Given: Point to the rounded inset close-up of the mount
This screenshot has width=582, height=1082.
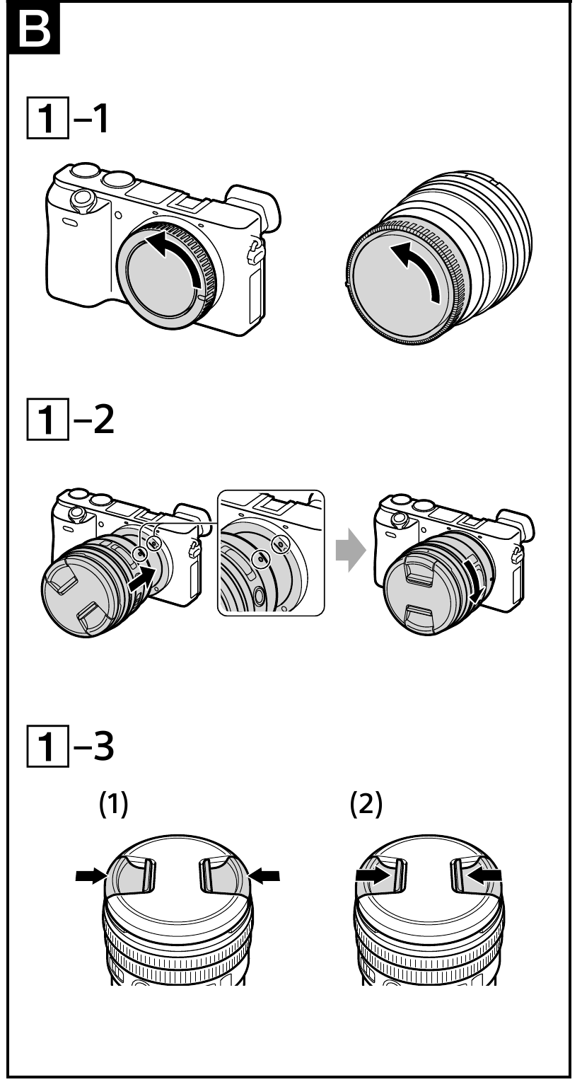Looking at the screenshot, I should pyautogui.click(x=270, y=552).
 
